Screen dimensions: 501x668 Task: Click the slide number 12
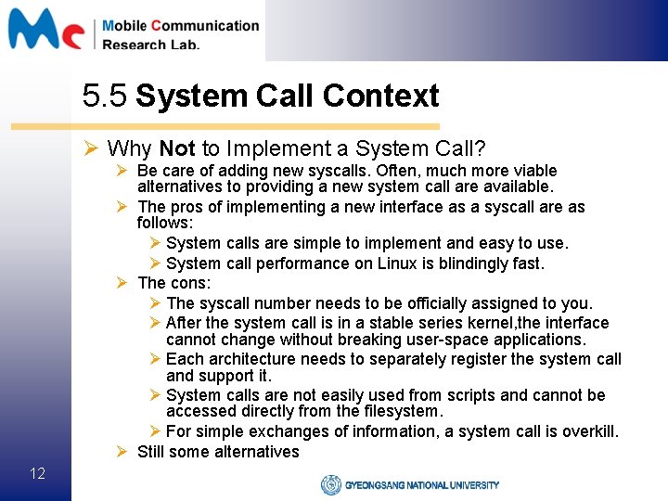pyautogui.click(x=37, y=474)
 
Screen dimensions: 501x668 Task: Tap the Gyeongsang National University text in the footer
pyautogui.click(x=422, y=485)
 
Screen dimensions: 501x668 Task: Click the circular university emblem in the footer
pyautogui.click(x=331, y=484)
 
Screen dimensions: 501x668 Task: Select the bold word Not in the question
pyautogui.click(x=177, y=148)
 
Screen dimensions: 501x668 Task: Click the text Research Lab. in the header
pyautogui.click(x=150, y=45)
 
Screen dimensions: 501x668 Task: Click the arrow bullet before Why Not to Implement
pyautogui.click(x=91, y=148)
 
